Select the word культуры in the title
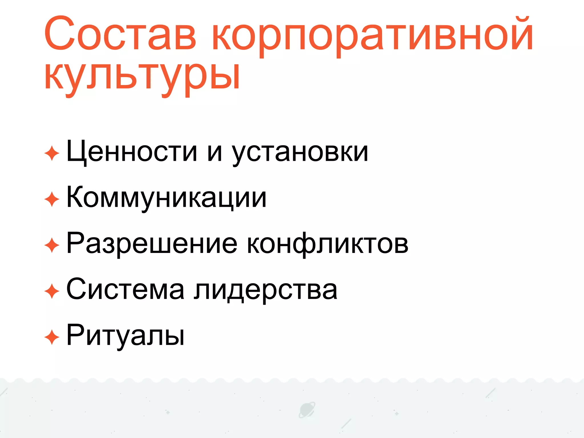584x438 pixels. pyautogui.click(x=142, y=77)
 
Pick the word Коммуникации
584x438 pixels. pyautogui.click(x=167, y=198)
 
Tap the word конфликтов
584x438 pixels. pyautogui.click(x=327, y=244)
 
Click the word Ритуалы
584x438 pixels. pyautogui.click(x=125, y=336)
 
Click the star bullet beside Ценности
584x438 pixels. pyautogui.click(x=52, y=153)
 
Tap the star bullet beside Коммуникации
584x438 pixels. pyautogui.click(x=52, y=199)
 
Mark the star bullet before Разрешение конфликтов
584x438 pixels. pyautogui.click(x=52, y=245)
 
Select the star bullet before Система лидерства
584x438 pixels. pyautogui.click(x=52, y=291)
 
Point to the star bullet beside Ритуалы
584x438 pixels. pyautogui.click(x=52, y=337)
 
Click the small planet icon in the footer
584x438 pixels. pyautogui.click(x=307, y=410)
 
